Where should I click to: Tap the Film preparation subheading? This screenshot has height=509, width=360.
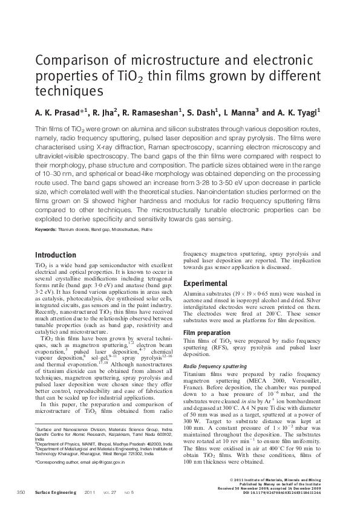[205, 333]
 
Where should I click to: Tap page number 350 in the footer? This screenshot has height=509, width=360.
[22, 493]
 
